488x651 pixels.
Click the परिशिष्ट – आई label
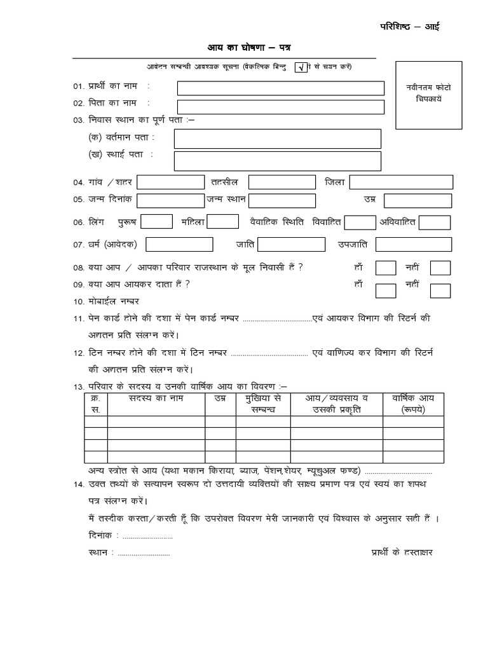[409, 26]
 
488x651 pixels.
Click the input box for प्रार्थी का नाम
[280, 87]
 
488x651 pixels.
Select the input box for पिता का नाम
[280, 107]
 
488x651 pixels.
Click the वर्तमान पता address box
[278, 139]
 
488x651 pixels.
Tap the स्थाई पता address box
[278, 160]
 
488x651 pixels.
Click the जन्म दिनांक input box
[170, 200]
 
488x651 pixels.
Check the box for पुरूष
[156, 222]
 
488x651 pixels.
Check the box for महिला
[223, 222]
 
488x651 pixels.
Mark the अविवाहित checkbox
[435, 222]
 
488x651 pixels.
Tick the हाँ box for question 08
[386, 268]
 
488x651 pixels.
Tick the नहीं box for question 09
[440, 291]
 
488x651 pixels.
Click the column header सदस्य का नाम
[156, 399]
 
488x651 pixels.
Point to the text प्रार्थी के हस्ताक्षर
[402, 552]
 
